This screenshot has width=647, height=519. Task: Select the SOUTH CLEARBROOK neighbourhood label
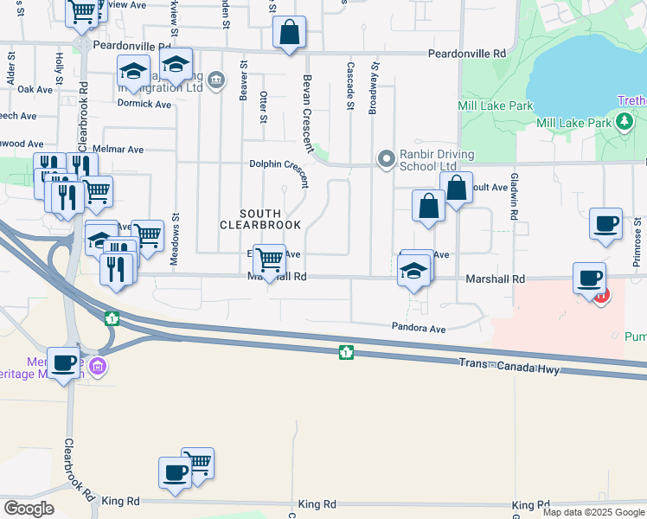(x=260, y=219)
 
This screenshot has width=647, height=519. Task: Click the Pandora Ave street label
(x=419, y=329)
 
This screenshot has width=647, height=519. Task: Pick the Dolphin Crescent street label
(x=279, y=163)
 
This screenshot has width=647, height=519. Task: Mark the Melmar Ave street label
(x=124, y=149)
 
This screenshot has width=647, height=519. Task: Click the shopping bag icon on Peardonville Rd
(x=290, y=33)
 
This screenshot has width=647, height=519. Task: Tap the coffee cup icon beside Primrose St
(x=605, y=223)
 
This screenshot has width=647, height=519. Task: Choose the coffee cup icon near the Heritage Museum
(x=63, y=362)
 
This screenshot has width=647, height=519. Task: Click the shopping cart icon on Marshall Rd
(x=270, y=258)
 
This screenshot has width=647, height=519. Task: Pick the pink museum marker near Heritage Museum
(x=99, y=367)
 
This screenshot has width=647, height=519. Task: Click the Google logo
(x=28, y=509)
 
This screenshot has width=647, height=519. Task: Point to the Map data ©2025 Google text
(x=593, y=512)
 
